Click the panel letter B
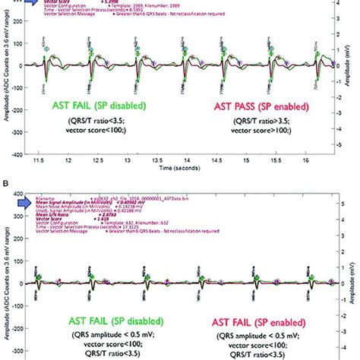[5, 182]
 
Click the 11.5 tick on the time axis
[51, 162]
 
